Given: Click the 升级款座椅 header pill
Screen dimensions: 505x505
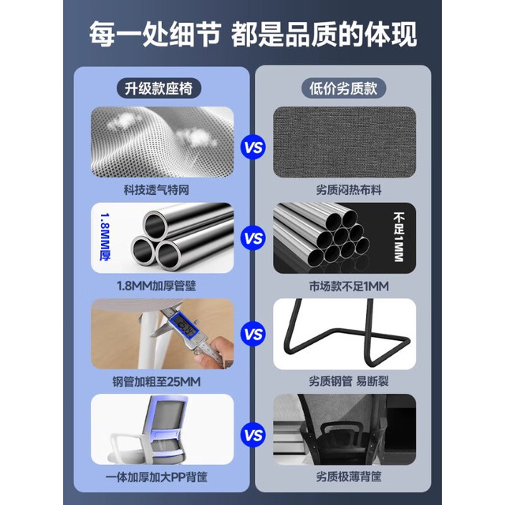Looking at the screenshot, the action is click(x=159, y=88).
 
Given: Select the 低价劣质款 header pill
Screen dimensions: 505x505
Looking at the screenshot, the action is click(x=343, y=88).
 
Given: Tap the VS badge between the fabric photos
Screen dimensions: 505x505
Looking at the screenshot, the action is click(x=253, y=148).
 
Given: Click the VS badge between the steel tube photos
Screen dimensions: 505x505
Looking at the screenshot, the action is click(x=253, y=238).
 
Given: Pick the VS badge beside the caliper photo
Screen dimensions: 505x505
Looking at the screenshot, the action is click(x=253, y=334).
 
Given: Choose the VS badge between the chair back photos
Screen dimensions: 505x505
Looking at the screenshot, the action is click(x=253, y=435).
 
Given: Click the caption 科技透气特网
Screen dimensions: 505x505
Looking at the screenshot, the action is click(x=156, y=189).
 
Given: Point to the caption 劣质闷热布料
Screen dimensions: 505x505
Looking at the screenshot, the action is click(x=349, y=189).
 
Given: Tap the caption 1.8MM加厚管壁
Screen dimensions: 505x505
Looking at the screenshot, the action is click(x=156, y=286).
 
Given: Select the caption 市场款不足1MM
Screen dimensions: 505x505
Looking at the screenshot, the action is click(x=349, y=286).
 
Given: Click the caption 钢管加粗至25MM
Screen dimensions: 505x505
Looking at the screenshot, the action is click(x=156, y=382).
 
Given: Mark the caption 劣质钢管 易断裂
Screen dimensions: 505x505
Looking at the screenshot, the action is click(x=349, y=381).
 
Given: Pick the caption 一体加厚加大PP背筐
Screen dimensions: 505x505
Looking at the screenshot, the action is click(x=156, y=477).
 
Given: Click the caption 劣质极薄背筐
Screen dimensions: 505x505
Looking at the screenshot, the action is click(x=349, y=477).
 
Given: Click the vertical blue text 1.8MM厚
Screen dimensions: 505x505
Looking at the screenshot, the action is click(x=105, y=238).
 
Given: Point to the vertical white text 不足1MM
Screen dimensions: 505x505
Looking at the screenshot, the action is click(x=398, y=237).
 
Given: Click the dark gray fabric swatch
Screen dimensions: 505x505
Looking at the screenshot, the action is click(x=344, y=142).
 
